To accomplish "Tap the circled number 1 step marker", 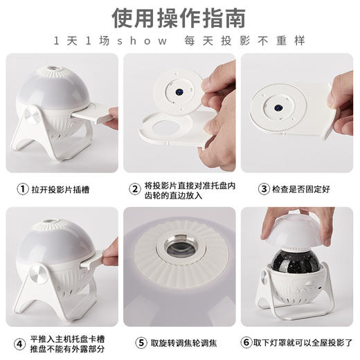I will pyautogui.click(x=23, y=188).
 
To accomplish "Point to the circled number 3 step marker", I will pyautogui.click(x=264, y=188).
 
